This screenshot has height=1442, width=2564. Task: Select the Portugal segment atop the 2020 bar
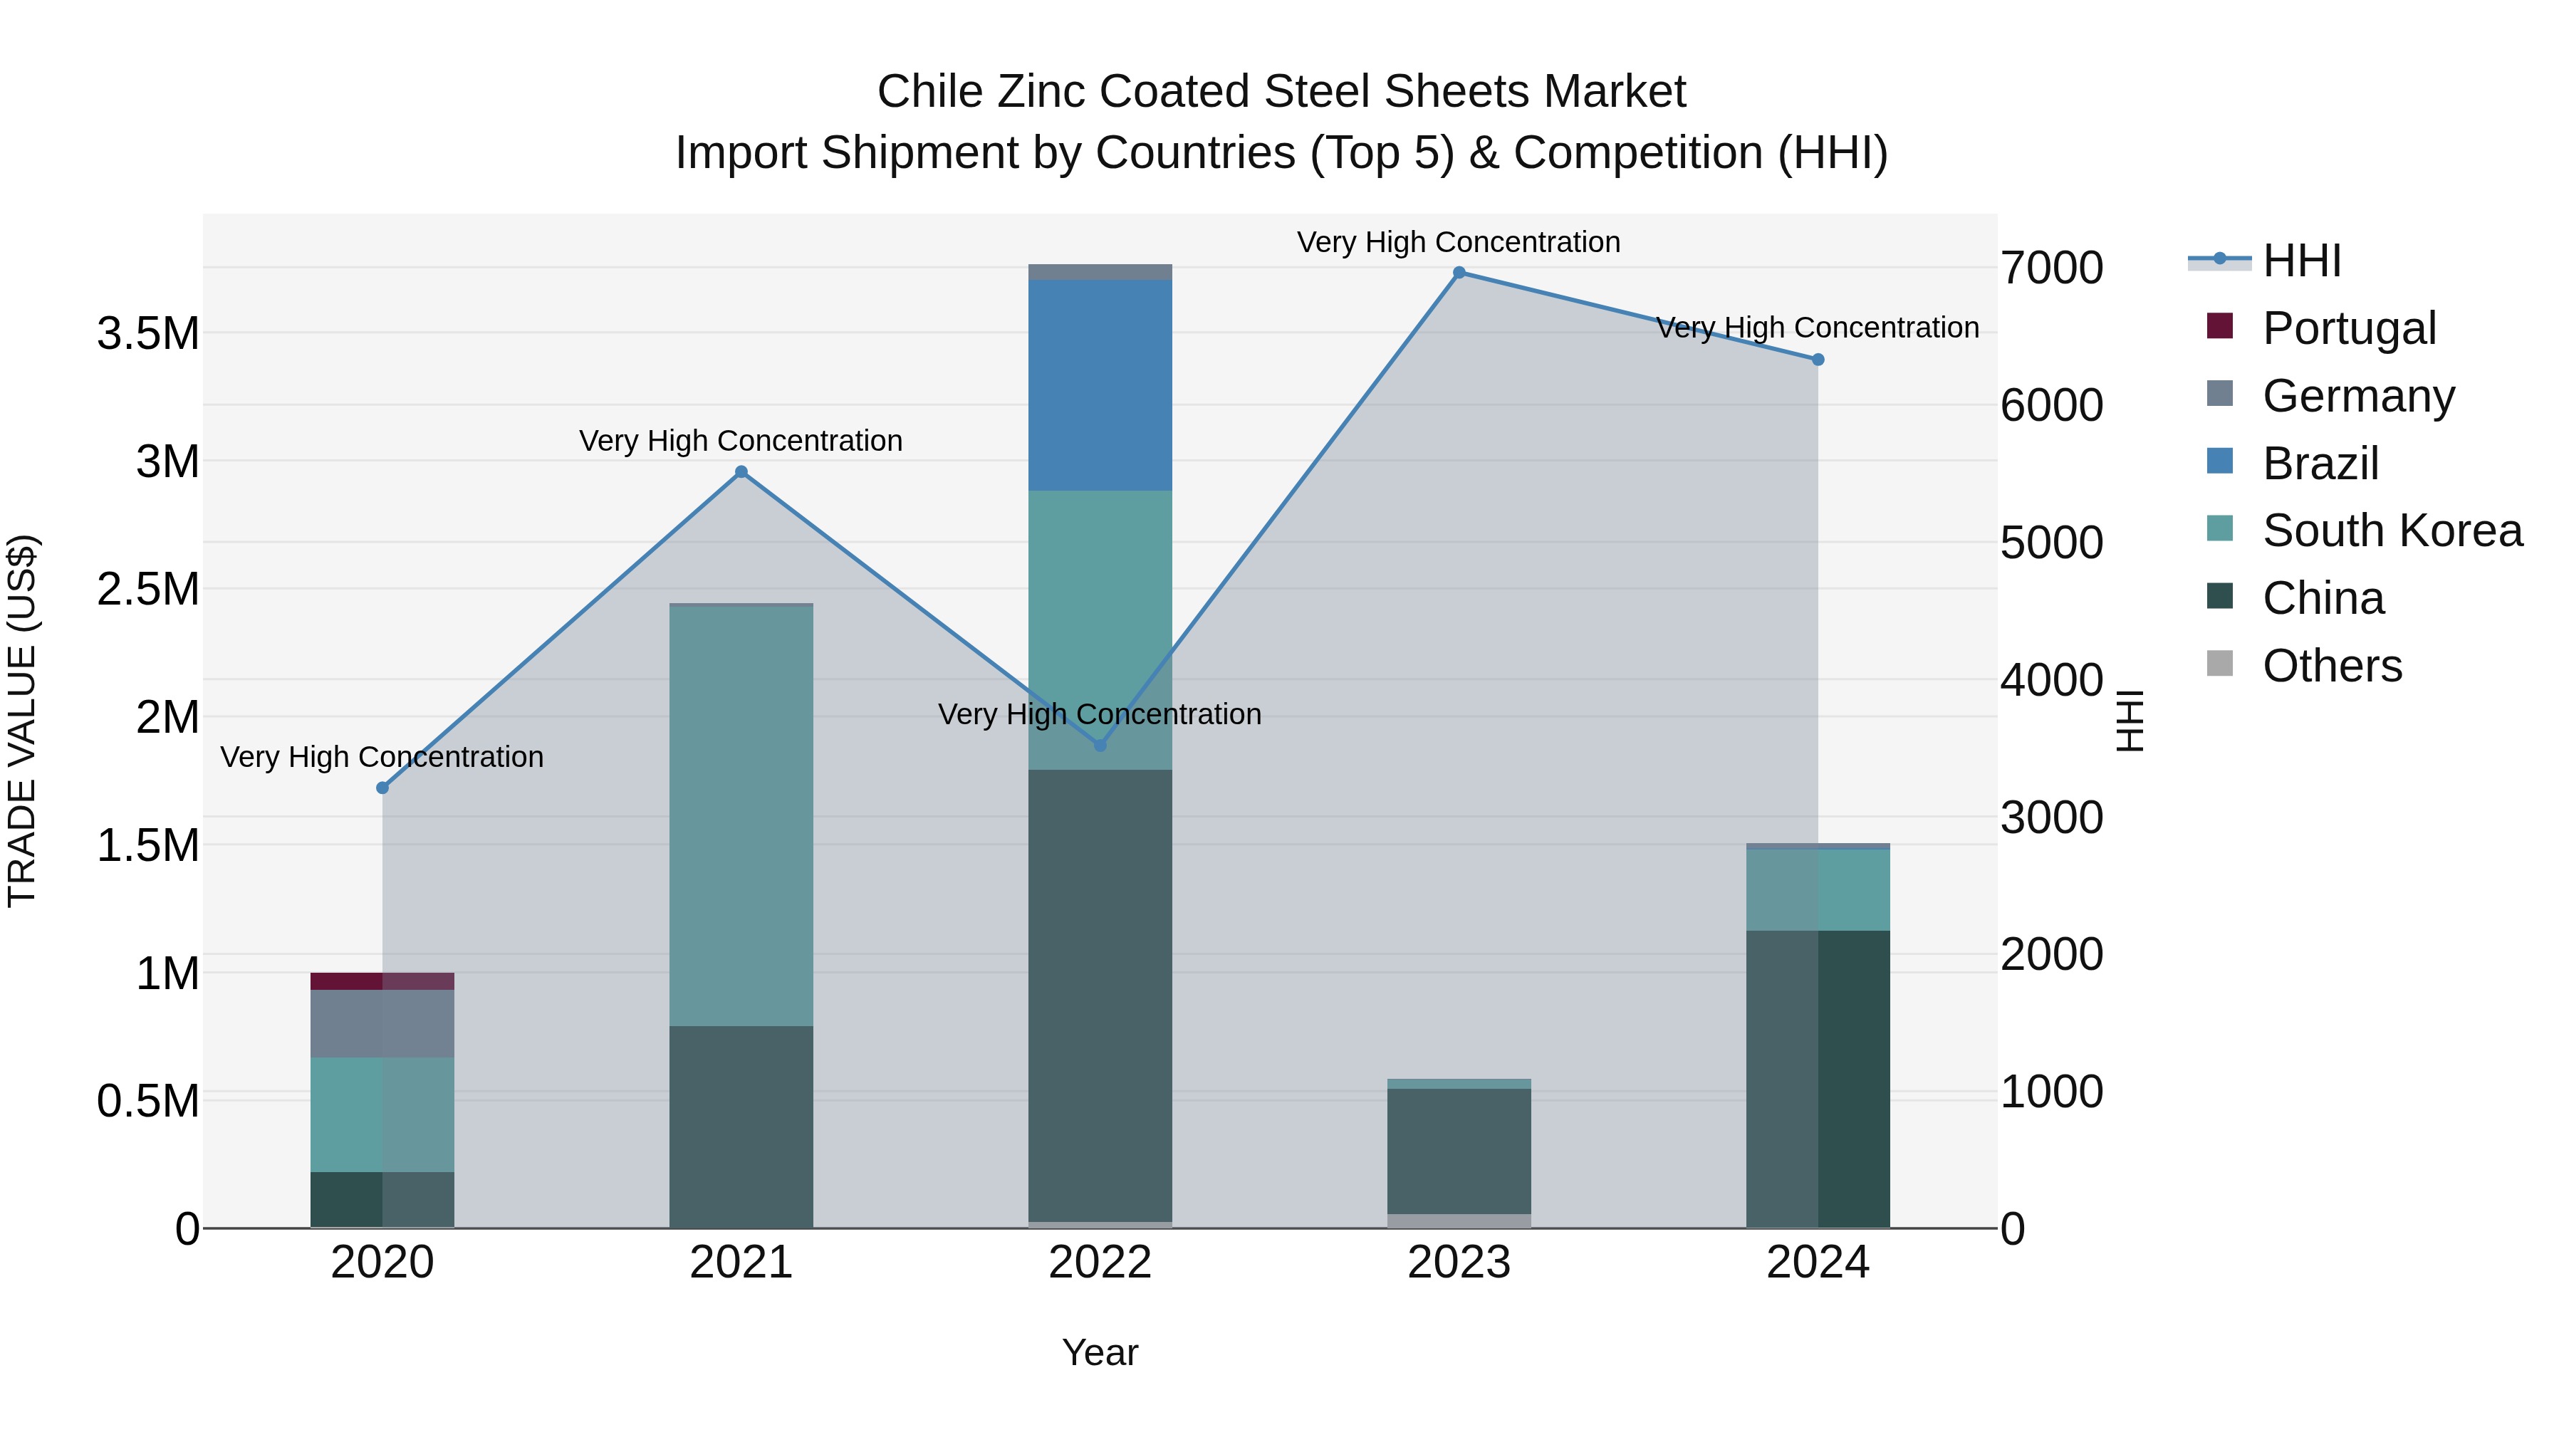pos(382,981)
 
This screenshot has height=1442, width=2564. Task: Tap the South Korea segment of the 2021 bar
pos(741,815)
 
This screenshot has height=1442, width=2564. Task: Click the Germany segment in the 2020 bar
pos(382,1023)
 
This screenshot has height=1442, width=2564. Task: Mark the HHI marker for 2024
pos(1818,360)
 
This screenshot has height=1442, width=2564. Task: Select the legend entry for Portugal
pos(2348,328)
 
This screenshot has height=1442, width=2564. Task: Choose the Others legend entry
pos(2331,666)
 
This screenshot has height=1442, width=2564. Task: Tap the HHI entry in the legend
pos(2300,261)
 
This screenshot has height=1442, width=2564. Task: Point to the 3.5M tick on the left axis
pos(148,333)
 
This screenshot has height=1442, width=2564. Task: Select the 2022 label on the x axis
pos(1099,1263)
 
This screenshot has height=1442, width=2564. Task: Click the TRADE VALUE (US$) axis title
pos(22,721)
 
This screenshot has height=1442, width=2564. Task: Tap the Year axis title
pos(1099,1352)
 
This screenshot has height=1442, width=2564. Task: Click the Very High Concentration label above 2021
pos(741,441)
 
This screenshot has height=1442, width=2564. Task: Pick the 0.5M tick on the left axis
pos(148,1102)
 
